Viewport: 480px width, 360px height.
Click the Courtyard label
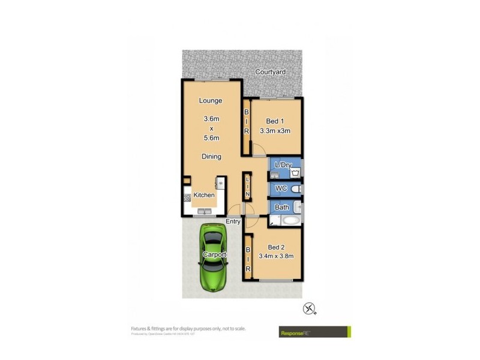[270, 72]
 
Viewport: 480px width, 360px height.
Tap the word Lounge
[211, 101]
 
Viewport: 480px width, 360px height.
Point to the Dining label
[211, 157]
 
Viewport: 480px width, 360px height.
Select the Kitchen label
[204, 195]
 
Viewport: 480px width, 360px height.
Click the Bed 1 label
[275, 121]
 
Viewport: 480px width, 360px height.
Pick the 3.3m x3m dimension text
[275, 131]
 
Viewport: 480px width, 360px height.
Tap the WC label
[280, 189]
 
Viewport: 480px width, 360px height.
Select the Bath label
[281, 208]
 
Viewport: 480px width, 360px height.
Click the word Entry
[233, 221]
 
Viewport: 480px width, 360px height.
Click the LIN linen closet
[247, 187]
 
